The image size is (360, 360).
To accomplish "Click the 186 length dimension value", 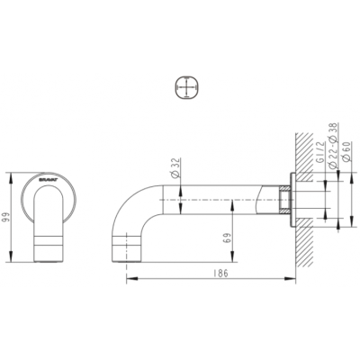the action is pos(220,274).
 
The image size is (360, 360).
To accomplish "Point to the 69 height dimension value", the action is pos(228,238).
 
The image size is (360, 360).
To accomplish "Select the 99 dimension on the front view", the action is pos(5,218).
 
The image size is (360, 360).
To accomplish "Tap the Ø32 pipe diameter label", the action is pos(176,167).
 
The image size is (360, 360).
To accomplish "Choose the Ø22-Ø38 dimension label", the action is pos(333,147).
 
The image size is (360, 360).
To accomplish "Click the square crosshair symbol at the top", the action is pos(186,87).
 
